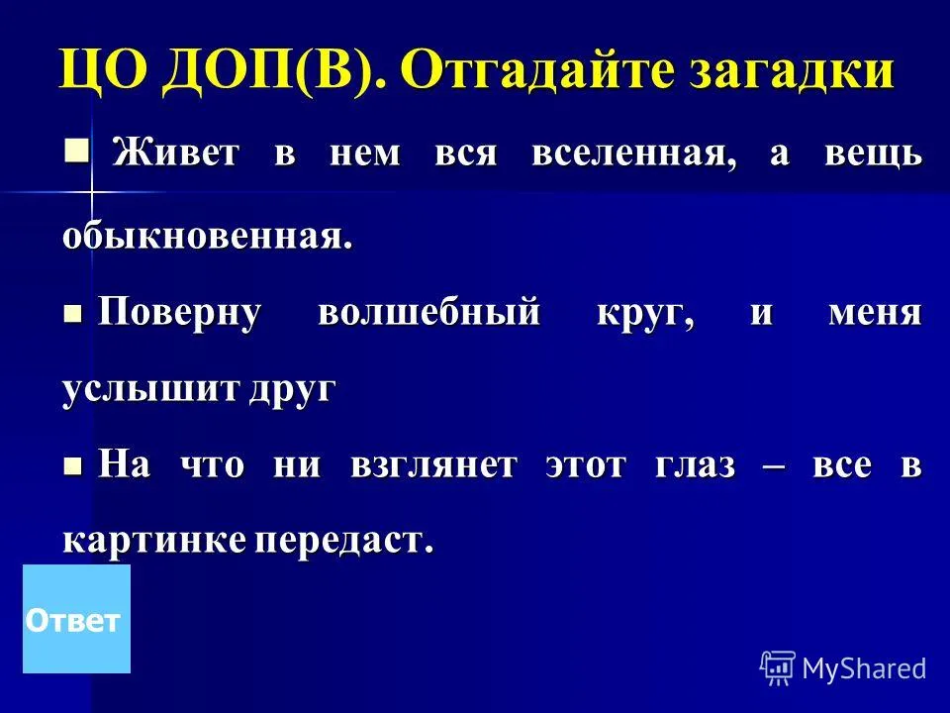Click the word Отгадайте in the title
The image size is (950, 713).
point(538,69)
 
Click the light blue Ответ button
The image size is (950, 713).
point(76,619)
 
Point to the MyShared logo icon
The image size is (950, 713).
point(778,668)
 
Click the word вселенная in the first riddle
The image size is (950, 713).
point(634,153)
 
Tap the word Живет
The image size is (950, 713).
point(175,152)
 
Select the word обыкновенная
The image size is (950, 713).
point(207,236)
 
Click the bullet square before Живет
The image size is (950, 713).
point(77,150)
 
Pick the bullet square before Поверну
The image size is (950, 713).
point(72,314)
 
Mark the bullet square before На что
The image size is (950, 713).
point(72,466)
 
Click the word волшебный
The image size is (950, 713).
point(428,313)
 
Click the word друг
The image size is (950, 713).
point(291,390)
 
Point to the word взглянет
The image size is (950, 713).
point(433,466)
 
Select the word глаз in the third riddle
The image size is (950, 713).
point(695,466)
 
